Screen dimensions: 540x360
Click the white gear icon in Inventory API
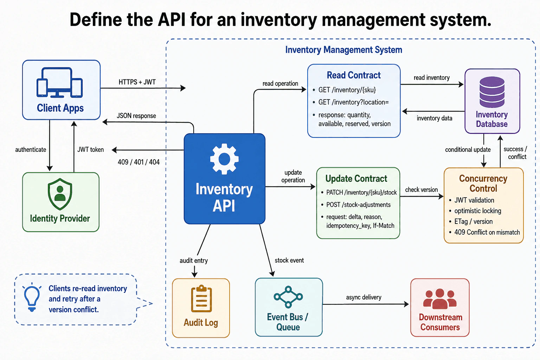tap(224, 159)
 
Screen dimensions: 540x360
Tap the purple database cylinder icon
tap(492, 92)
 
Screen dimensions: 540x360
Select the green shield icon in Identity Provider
tap(60, 194)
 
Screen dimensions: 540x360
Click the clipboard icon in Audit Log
tap(201, 298)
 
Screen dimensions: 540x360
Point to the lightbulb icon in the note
tap(32, 297)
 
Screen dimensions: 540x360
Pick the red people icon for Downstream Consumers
tap(440, 299)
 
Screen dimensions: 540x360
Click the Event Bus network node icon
tap(288, 297)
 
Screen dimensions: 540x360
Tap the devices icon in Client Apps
tap(60, 83)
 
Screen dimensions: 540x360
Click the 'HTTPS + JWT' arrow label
tap(137, 82)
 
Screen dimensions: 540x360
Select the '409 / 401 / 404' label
tap(139, 162)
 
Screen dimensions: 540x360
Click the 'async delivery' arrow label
tap(364, 297)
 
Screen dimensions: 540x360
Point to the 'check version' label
tap(422, 190)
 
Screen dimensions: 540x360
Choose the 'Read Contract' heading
tap(354, 75)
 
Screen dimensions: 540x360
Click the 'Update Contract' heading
tap(356, 179)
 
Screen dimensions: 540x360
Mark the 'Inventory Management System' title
tap(344, 50)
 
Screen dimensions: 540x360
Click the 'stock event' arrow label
tap(289, 261)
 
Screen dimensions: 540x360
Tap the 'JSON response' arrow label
tap(136, 116)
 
